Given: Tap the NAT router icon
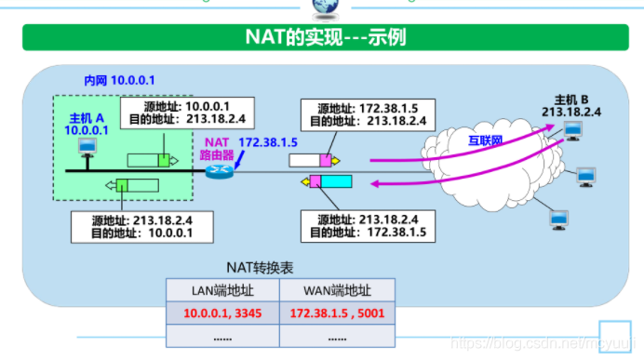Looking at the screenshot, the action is pyautogui.click(x=221, y=171).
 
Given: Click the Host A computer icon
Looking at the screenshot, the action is pyautogui.click(x=87, y=148).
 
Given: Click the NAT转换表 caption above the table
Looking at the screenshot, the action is pyautogui.click(x=260, y=267).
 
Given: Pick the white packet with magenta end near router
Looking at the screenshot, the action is pyautogui.click(x=310, y=160).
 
